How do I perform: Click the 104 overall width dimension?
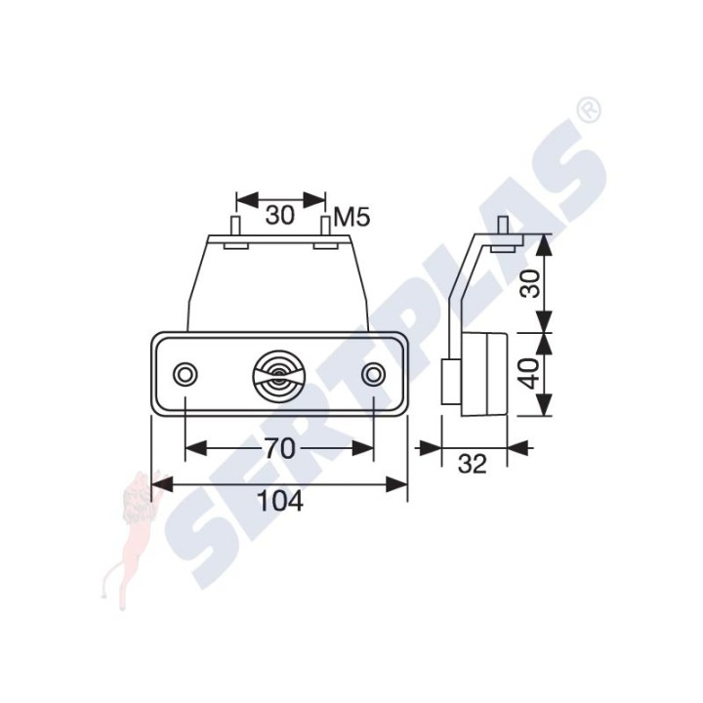(x=281, y=501)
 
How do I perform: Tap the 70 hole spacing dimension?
(x=280, y=448)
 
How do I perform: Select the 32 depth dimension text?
(x=473, y=465)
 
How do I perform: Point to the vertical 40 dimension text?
(x=531, y=374)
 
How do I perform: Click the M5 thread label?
(x=352, y=219)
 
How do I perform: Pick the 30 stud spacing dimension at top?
(x=280, y=215)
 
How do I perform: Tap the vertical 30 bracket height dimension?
(x=532, y=284)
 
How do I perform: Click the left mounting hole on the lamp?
(x=186, y=373)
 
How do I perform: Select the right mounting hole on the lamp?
(x=373, y=373)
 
